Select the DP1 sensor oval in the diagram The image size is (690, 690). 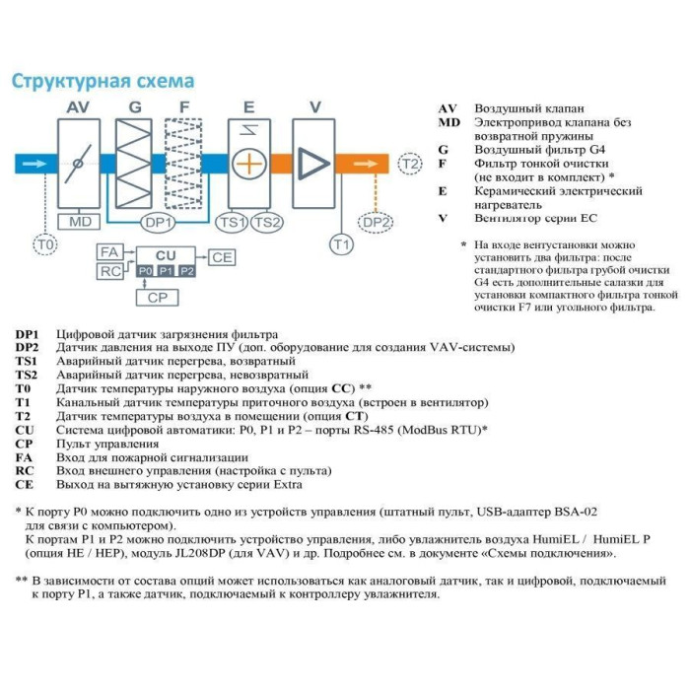point(159,223)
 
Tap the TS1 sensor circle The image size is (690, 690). point(233,223)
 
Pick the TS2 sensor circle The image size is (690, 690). point(266,223)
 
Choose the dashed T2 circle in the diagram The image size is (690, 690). point(409,164)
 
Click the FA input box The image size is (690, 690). point(109,252)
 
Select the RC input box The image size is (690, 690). point(109,270)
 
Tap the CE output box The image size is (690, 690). point(222,257)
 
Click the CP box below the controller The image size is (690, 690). point(158,297)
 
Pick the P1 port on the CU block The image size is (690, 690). point(166,270)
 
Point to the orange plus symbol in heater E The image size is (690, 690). point(251,163)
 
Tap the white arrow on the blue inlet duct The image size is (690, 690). point(33,163)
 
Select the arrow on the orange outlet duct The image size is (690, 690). point(361,163)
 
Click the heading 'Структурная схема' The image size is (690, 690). point(103,81)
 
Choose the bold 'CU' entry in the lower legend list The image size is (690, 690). point(25,431)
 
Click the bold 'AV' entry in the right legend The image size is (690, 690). point(448,108)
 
